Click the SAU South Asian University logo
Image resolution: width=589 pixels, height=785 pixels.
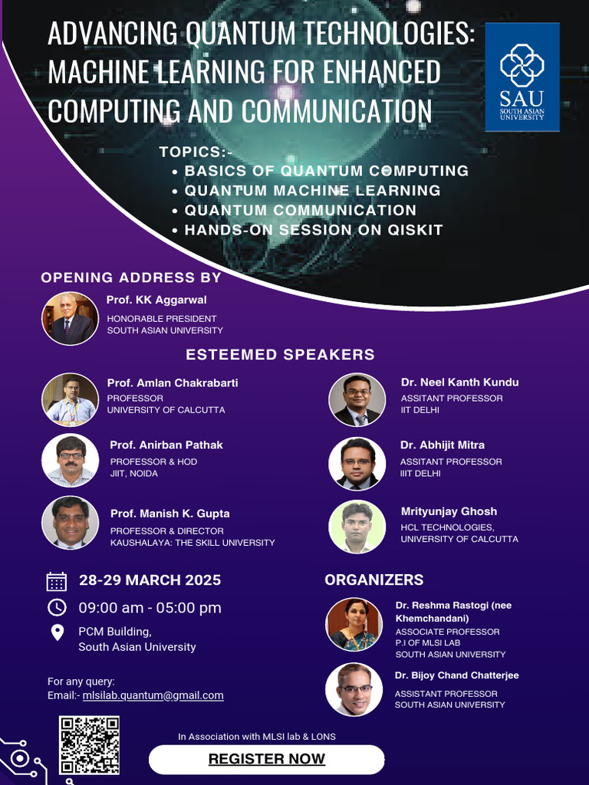[x=522, y=77]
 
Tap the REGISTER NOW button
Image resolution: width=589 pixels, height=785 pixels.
[x=266, y=759]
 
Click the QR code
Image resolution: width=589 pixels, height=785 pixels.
[x=90, y=745]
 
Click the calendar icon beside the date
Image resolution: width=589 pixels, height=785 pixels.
[x=57, y=581]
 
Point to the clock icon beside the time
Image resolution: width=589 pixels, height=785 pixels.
[x=57, y=607]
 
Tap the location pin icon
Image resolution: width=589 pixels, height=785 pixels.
[x=57, y=632]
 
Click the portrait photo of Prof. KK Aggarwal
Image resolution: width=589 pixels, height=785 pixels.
[x=70, y=318]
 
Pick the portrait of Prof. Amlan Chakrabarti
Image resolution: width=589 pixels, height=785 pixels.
[x=70, y=399]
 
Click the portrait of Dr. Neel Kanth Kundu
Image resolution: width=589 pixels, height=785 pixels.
[x=357, y=399]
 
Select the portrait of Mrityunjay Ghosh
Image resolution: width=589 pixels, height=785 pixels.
[x=357, y=527]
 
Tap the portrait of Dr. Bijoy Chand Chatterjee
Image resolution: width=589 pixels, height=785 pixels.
[x=354, y=689]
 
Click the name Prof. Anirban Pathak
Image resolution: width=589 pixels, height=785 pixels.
[x=166, y=445]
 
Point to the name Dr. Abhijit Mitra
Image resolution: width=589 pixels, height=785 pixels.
[x=443, y=445]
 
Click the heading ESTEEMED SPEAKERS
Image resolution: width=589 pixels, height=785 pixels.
[x=280, y=354]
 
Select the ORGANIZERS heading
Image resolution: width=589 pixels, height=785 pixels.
[x=374, y=580]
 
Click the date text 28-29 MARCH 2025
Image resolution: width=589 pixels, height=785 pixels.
[x=150, y=580]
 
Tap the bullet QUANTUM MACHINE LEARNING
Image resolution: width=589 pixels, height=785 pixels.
[x=312, y=190]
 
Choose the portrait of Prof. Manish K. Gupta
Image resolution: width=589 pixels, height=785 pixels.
[x=70, y=523]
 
